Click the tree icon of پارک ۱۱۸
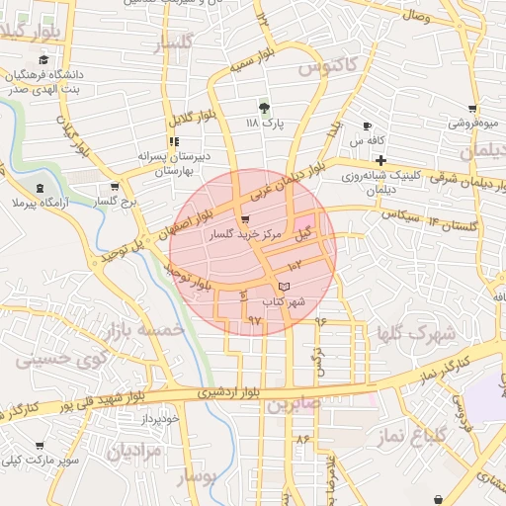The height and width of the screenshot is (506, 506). tap(263, 107)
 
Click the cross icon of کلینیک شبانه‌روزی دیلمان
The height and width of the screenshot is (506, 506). tap(379, 159)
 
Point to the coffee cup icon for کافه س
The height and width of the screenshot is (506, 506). tap(367, 126)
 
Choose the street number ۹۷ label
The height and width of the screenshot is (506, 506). tap(255, 320)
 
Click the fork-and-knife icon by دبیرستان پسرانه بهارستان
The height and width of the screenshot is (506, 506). tap(174, 141)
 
